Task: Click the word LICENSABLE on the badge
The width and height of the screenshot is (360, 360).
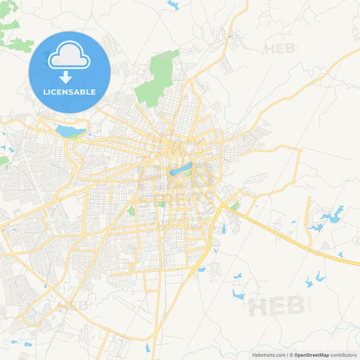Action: tap(69, 92)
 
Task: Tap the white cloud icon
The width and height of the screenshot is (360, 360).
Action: tap(69, 56)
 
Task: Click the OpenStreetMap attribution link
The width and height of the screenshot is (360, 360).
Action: tap(311, 355)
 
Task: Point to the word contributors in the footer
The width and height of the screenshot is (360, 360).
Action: tap(343, 355)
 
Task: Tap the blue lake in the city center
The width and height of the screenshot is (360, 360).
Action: tap(181, 168)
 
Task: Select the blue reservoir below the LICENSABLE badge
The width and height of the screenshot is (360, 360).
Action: tap(70, 130)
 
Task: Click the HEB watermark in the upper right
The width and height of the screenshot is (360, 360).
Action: tap(281, 49)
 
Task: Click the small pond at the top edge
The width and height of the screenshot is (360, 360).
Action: tap(174, 5)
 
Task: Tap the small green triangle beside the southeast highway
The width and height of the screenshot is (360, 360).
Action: tap(234, 205)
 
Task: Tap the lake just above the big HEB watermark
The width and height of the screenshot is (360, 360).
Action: tap(238, 294)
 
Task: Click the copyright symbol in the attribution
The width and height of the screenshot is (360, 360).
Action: tap(290, 355)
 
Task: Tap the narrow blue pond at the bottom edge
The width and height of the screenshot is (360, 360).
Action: tap(147, 347)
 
